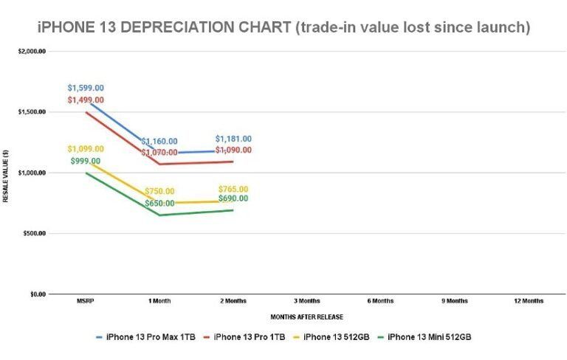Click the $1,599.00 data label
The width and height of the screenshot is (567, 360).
click(x=86, y=88)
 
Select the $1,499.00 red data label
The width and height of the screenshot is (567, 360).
click(x=86, y=100)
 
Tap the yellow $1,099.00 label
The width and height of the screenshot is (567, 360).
click(x=86, y=149)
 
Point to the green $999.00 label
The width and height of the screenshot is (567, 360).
click(x=86, y=161)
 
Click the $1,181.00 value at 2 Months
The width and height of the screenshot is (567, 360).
click(x=233, y=139)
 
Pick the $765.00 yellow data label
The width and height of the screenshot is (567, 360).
click(x=233, y=189)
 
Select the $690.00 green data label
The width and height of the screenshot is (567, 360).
click(x=233, y=198)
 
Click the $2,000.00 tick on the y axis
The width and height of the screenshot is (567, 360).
click(x=31, y=52)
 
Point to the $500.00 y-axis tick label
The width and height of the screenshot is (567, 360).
click(x=33, y=234)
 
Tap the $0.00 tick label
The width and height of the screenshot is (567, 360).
click(x=36, y=294)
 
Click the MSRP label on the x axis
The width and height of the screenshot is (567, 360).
click(x=84, y=301)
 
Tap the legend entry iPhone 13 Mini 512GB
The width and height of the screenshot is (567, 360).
click(x=429, y=337)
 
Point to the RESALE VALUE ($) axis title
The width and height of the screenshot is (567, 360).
click(x=5, y=176)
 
